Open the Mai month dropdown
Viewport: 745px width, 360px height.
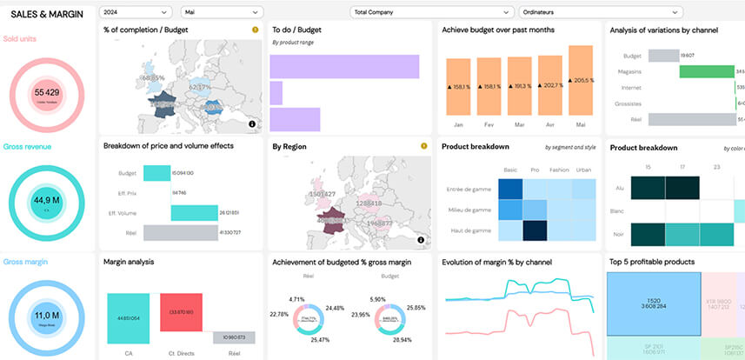point(221,12)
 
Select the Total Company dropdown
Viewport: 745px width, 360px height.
point(431,12)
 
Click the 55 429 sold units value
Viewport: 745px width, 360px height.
point(46,92)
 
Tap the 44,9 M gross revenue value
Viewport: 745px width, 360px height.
point(46,199)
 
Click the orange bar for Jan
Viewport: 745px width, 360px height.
point(458,87)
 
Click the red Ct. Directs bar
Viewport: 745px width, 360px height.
point(181,310)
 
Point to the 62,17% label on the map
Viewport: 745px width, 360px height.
point(200,88)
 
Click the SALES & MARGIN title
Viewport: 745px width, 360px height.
point(48,13)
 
